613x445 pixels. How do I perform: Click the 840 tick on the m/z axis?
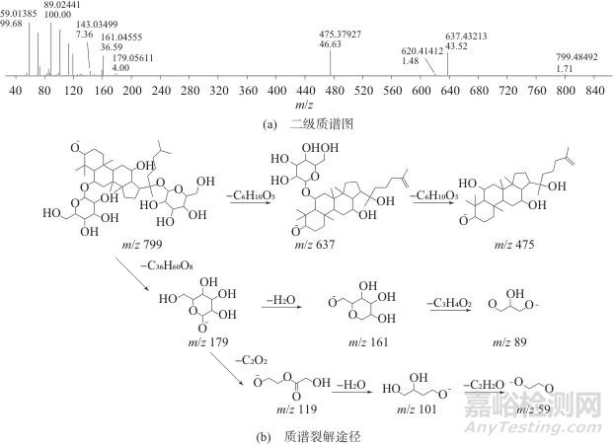point(594,90)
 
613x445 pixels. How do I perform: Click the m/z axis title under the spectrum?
point(316,105)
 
